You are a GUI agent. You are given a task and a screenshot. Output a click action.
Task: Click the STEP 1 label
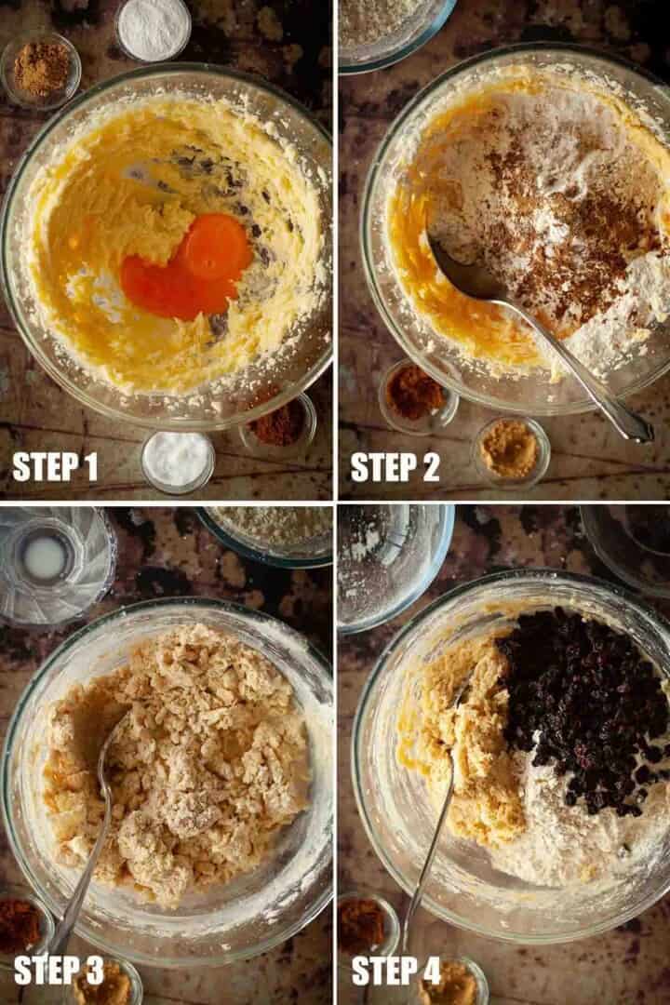(x=55, y=466)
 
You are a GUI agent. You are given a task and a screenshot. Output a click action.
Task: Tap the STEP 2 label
(x=395, y=466)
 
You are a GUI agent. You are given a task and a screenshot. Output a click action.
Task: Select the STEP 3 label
(x=59, y=971)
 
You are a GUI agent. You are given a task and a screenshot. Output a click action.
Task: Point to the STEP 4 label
(x=396, y=971)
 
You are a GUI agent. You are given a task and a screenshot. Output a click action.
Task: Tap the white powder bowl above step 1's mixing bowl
(x=154, y=29)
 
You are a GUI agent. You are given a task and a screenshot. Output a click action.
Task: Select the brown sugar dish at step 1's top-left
(x=41, y=69)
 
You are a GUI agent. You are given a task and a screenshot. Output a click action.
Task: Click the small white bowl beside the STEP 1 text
(x=178, y=461)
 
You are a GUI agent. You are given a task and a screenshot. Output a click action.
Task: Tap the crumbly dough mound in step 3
(x=176, y=763)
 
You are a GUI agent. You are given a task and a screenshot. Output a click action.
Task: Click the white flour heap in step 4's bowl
(x=577, y=833)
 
